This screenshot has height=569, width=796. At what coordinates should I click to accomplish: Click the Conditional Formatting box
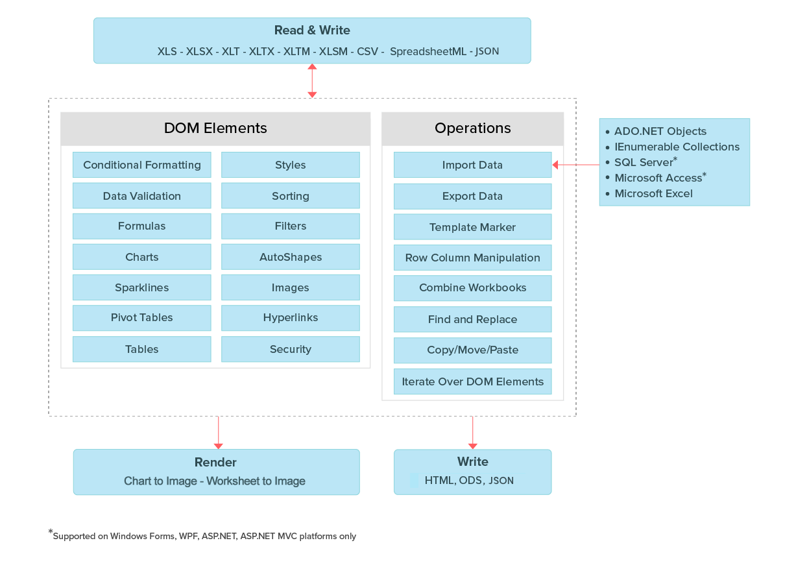[141, 165]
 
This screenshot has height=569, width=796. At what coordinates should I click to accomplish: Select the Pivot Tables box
[141, 318]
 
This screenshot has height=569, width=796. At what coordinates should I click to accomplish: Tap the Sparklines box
[141, 287]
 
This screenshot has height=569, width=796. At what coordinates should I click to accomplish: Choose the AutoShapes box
[290, 257]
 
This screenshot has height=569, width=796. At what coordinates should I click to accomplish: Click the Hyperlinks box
[290, 318]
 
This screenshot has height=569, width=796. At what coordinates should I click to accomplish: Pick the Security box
[290, 349]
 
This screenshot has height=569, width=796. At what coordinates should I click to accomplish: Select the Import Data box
[472, 165]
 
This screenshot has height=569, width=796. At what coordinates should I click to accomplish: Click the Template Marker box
[472, 227]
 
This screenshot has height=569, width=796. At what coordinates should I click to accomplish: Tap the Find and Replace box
[472, 319]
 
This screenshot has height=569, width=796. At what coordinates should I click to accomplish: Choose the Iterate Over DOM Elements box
[472, 381]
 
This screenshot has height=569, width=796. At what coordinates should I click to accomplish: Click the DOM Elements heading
[215, 128]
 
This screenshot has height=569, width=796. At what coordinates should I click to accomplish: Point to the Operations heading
[472, 128]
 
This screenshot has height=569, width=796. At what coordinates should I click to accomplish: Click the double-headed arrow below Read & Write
[312, 80]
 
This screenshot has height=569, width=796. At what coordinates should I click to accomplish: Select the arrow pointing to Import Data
[575, 165]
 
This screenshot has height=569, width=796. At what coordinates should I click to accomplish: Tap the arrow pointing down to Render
[218, 432]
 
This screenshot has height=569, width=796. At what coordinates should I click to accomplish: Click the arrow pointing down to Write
[472, 432]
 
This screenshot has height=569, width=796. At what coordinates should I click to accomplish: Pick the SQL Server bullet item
[646, 162]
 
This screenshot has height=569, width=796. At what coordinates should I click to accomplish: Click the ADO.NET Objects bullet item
[660, 131]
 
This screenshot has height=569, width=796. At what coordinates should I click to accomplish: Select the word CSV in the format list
[368, 51]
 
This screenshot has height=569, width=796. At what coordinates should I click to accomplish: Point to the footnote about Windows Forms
[203, 536]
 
